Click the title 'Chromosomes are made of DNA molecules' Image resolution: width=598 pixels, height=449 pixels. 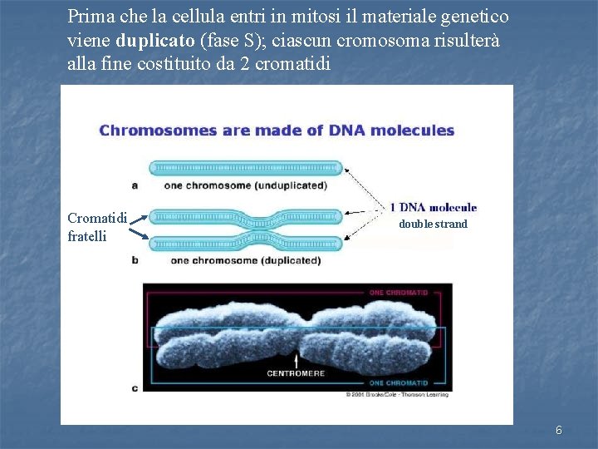[277, 131]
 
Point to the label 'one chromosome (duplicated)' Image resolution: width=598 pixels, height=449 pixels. [246, 260]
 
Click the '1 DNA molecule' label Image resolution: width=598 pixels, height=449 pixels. [434, 208]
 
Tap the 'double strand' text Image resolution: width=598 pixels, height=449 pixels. [433, 224]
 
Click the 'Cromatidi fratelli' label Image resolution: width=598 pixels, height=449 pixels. [96, 227]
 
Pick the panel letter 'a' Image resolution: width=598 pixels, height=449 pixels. [135, 185]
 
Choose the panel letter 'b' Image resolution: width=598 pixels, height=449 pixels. [135, 260]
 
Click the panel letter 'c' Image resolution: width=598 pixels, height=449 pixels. [135, 387]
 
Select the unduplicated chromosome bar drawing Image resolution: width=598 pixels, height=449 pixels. [246, 168]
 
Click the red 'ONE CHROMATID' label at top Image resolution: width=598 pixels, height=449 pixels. [399, 293]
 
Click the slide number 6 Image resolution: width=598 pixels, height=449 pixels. [559, 430]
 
